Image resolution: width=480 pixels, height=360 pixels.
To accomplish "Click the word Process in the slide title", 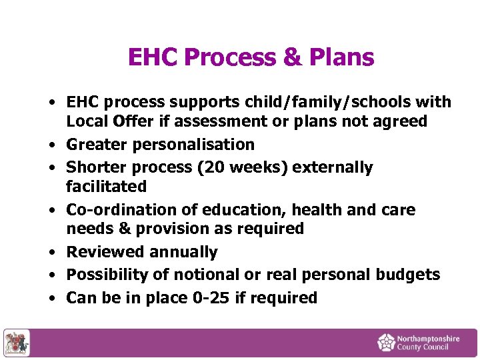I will pos(230,58).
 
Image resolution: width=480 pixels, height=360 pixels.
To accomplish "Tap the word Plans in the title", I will pos(341,58).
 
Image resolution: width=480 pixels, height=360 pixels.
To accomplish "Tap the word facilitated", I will pos(106,186).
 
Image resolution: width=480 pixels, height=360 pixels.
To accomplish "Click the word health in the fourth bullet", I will pos(317,210).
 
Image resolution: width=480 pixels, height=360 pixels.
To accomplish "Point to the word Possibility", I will pos(111,275).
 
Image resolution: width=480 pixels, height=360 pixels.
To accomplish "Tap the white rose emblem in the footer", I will pos(386,343).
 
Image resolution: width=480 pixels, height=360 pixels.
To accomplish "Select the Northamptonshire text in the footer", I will pos(427,339).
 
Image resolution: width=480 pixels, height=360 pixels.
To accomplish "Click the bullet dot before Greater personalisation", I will pos(51,145).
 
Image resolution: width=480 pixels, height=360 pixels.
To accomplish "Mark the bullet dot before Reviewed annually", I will pos(51,253).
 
